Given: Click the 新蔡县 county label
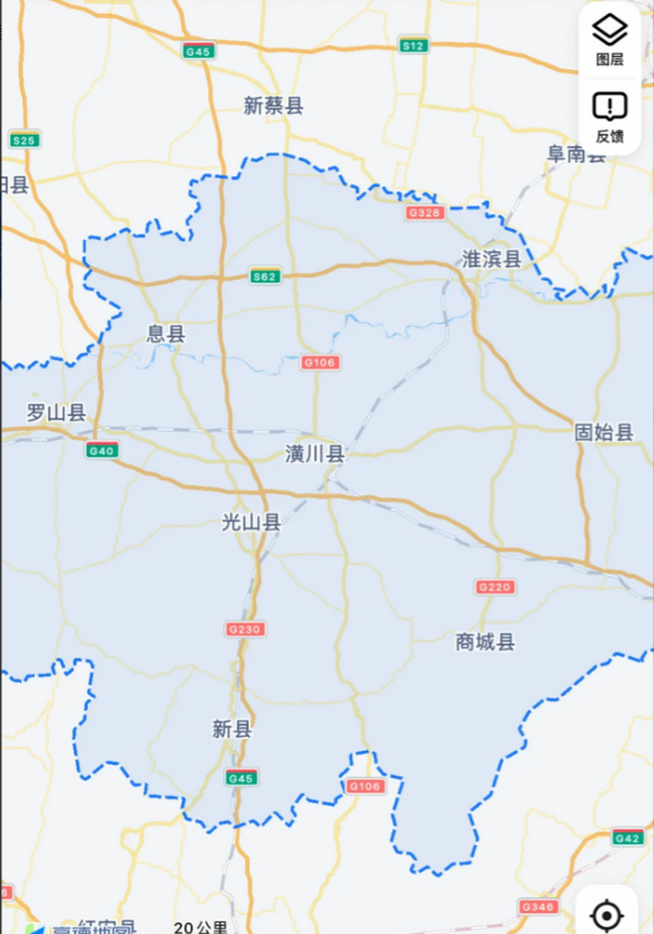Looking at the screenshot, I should coord(273,107).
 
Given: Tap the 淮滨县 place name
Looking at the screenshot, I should coord(491,259).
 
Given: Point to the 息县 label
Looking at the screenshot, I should coord(166,334).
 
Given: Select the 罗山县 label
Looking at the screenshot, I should coord(56,413).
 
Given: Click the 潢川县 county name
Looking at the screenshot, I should coord(315,455).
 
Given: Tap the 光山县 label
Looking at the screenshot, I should coord(251,522).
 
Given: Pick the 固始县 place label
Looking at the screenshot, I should coord(604,432).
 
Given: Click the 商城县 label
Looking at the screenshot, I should coord(485,642).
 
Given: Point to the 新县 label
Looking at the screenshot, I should coord(232,728).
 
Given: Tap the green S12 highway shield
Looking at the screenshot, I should coord(414,46).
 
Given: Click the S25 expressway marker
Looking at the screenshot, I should coord(25,139).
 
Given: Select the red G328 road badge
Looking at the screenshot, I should coord(425,212).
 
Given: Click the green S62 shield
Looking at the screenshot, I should coord(264,276).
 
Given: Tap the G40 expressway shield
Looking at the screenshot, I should coord(101,450).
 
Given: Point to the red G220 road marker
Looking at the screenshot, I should coord(495,587).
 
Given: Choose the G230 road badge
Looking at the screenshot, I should coord(245,629).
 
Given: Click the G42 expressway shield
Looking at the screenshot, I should coord(627,837).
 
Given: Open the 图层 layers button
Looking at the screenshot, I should coord(609,39).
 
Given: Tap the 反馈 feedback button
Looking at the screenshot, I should coord(609,117).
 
